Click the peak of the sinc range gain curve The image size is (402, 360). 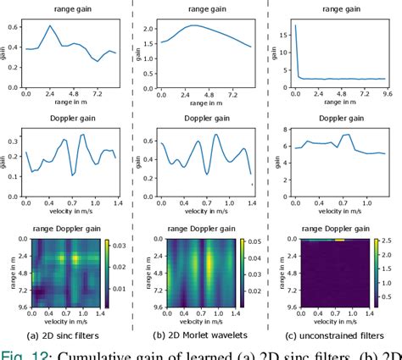[x=51, y=26]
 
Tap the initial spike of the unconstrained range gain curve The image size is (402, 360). [x=294, y=27]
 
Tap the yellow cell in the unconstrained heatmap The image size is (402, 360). [x=339, y=240]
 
